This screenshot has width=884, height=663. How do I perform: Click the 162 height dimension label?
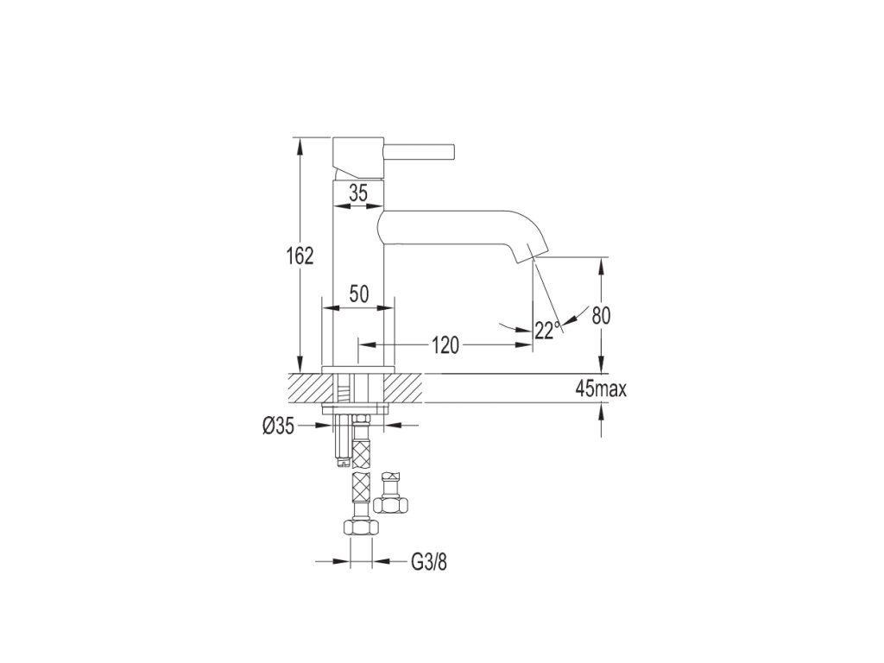pyautogui.click(x=300, y=256)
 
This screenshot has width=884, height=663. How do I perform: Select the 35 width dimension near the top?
pyautogui.click(x=358, y=193)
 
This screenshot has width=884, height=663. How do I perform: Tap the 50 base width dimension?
pyautogui.click(x=358, y=294)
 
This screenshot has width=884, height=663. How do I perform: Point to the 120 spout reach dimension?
pyautogui.click(x=445, y=345)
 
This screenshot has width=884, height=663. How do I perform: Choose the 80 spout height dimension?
pyautogui.click(x=601, y=316)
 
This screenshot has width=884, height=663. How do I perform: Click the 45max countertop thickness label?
pyautogui.click(x=601, y=389)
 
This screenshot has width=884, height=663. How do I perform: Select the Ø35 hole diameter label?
pyautogui.click(x=278, y=426)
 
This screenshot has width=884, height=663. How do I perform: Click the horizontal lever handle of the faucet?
pyautogui.click(x=420, y=152)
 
